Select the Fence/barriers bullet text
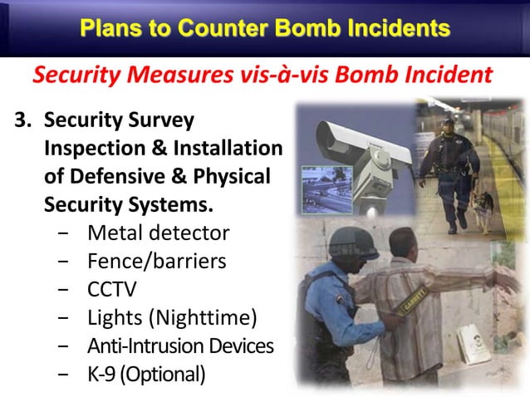[x=156, y=262]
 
